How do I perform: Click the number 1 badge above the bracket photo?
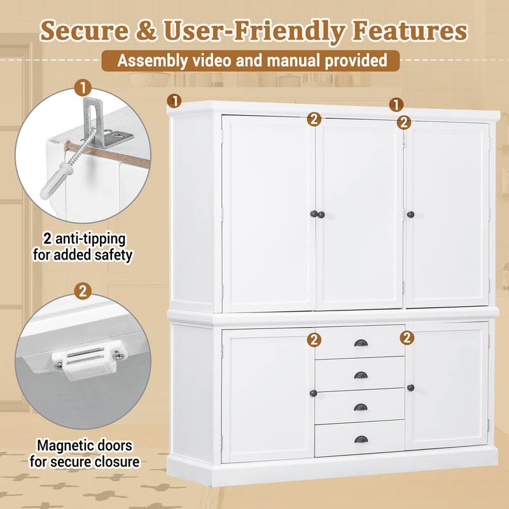coord(81,87)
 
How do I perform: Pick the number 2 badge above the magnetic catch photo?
coord(81,292)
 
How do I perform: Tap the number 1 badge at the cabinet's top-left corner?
coord(174,100)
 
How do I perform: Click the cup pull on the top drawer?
coord(361,344)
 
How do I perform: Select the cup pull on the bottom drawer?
coord(361,440)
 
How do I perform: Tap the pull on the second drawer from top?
coord(361,375)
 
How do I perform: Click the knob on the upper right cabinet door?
coord(411,213)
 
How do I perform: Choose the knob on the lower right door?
coord(411,388)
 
